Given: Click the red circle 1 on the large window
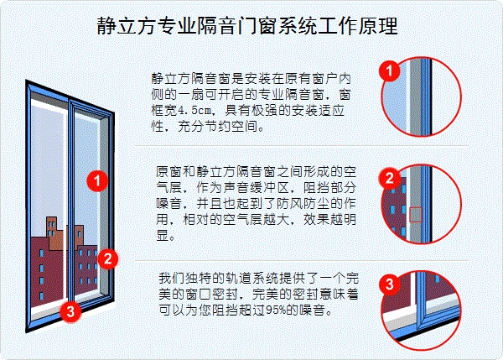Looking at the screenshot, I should coord(98,180).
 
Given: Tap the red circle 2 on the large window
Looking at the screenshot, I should coord(106,258).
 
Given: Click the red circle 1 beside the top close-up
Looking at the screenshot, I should coord(387,71).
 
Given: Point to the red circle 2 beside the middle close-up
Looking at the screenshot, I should coord(388,179).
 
